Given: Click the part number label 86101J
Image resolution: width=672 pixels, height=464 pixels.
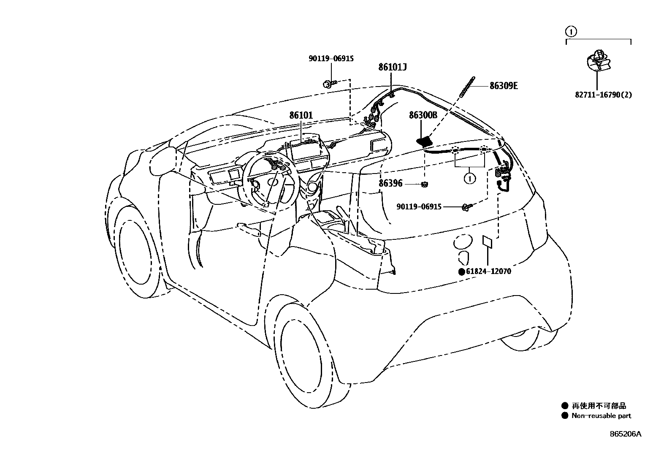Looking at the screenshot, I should (393, 67).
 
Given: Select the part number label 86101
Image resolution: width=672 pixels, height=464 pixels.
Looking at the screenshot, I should (301, 115).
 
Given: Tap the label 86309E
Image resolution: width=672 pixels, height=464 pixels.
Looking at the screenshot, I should (504, 86).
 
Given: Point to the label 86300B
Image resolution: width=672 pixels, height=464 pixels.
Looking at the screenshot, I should (423, 115).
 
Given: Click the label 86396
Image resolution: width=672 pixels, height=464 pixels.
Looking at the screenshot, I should (390, 184).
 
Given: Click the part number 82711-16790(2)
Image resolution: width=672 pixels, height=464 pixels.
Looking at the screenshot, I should (597, 95).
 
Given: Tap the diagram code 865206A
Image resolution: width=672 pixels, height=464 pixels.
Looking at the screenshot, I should (625, 434).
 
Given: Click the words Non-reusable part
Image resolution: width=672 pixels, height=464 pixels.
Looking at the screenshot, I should (602, 416).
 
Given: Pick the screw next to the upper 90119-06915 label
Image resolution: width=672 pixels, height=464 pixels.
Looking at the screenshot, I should (330, 84).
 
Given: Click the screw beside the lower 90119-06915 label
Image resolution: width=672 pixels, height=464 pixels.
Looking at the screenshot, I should (466, 206).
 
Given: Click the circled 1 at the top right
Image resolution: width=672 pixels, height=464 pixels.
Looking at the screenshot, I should (570, 31).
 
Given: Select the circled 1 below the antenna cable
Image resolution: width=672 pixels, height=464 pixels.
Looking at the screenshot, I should (469, 179).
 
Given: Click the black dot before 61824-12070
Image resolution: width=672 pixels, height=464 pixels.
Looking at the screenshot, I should (462, 272).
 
